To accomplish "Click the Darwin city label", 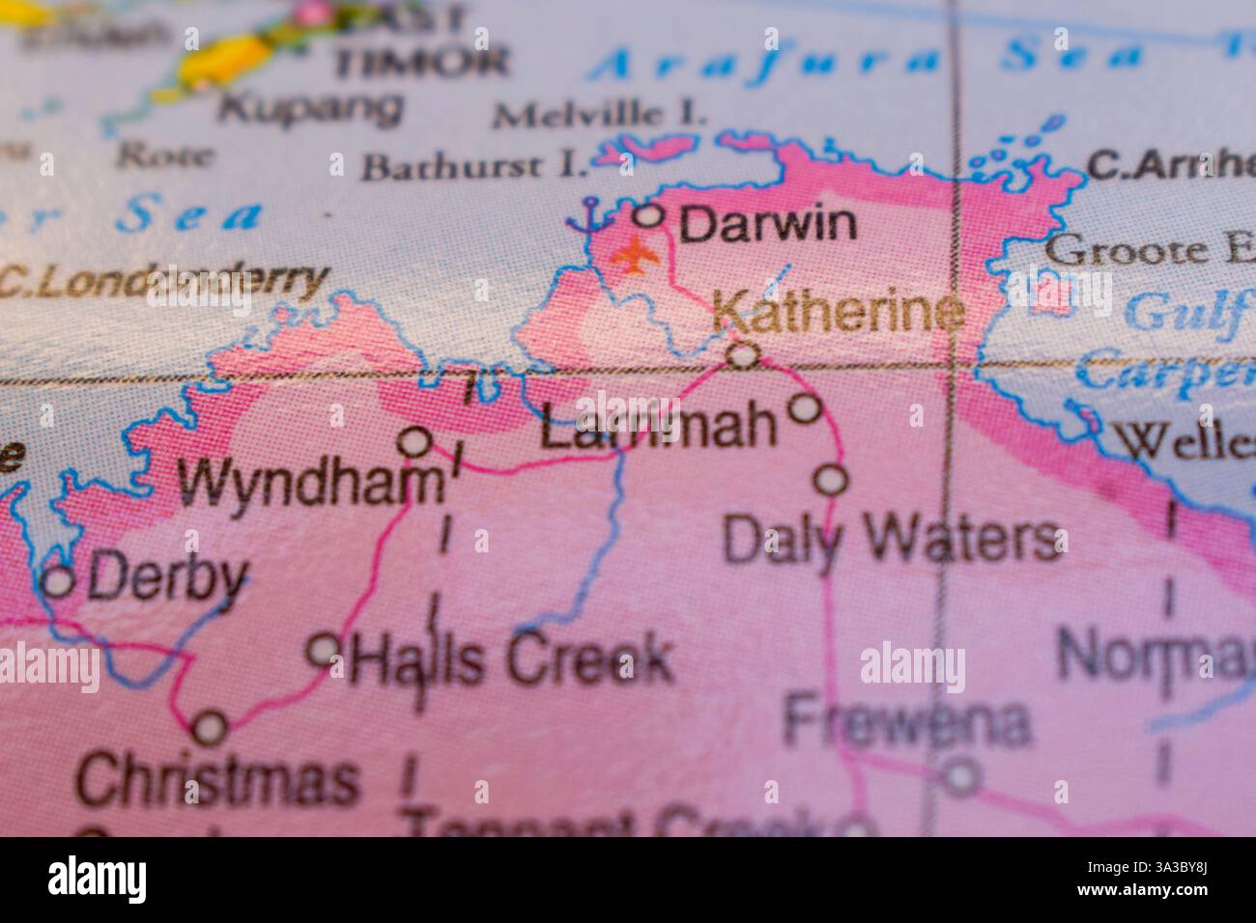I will click(767, 225).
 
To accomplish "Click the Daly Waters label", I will click(891, 541).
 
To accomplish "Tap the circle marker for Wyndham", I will click(415, 442).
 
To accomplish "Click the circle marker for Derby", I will click(60, 581).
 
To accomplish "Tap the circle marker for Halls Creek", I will click(323, 649).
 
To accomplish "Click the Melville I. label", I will click(598, 115).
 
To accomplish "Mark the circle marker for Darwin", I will click(652, 213).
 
